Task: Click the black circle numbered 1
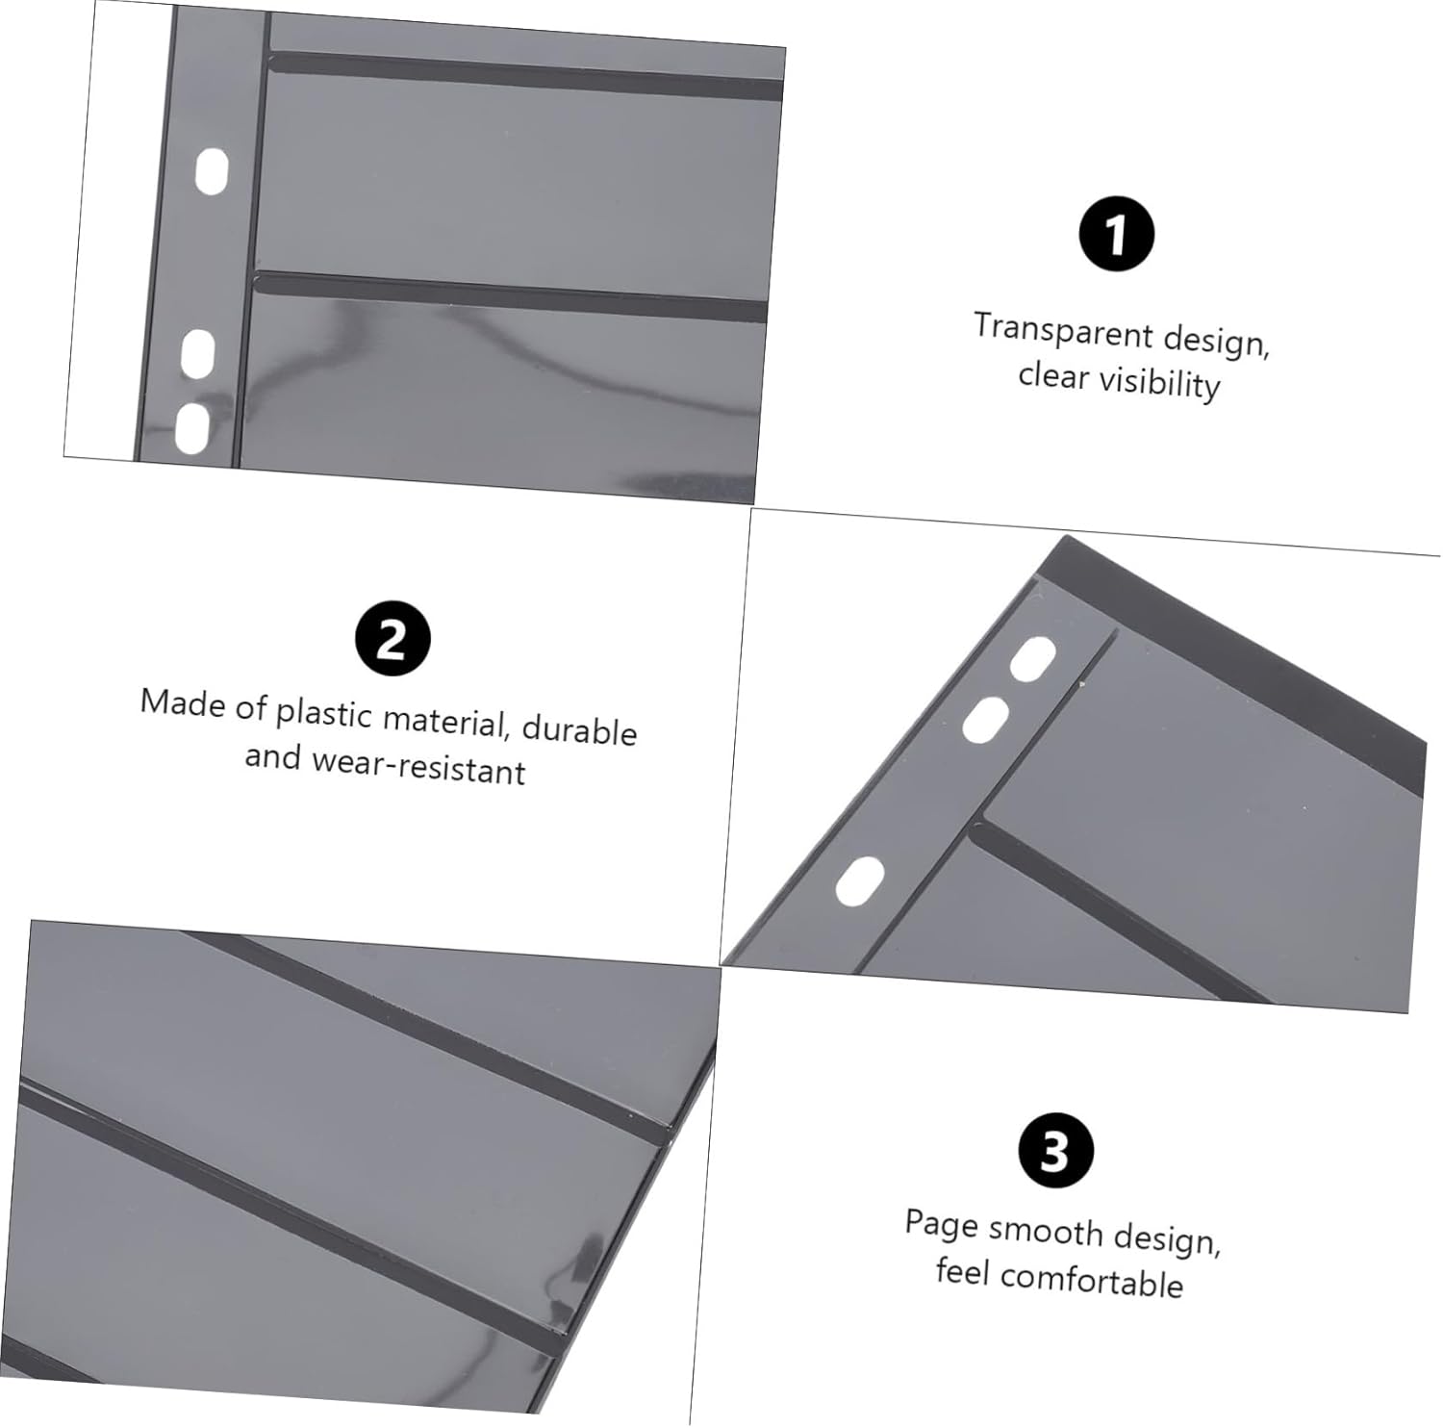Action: pyautogui.click(x=1116, y=234)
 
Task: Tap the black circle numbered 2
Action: pyautogui.click(x=392, y=638)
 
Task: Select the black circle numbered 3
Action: pyautogui.click(x=1055, y=1149)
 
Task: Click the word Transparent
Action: pyautogui.click(x=1063, y=330)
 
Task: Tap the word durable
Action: pyautogui.click(x=579, y=729)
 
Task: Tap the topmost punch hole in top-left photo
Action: pyautogui.click(x=212, y=171)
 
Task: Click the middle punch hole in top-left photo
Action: pyautogui.click(x=197, y=353)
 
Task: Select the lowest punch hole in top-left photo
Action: pyautogui.click(x=191, y=428)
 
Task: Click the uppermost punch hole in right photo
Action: pyautogui.click(x=1032, y=659)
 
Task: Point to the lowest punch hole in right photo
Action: pyautogui.click(x=859, y=881)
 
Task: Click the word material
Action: pyautogui.click(x=444, y=721)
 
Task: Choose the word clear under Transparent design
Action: pyautogui.click(x=1053, y=374)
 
